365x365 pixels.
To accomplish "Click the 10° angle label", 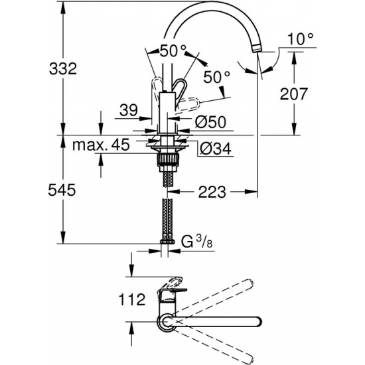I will [x=300, y=39].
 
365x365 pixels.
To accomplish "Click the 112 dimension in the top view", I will [x=132, y=300].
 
